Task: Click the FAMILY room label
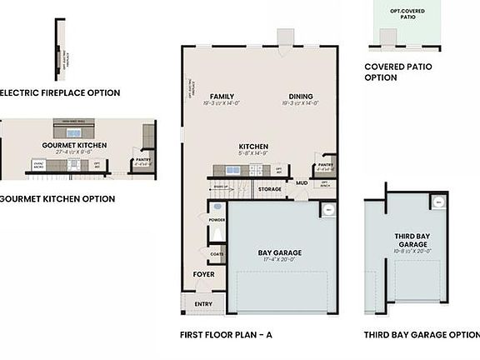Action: coord(222,97)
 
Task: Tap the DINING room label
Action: coord(301,97)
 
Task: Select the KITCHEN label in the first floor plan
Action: coord(253,147)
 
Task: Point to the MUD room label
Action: coord(301,182)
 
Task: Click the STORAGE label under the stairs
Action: coord(269,189)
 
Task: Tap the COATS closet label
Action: coord(217,254)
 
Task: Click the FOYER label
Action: coord(204,273)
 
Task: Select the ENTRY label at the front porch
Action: coord(203,304)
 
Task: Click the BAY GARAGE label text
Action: coord(279,252)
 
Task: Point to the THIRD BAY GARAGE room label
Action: coord(411,242)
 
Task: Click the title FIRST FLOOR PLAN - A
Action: coord(226,335)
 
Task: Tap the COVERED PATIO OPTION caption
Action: coord(392,72)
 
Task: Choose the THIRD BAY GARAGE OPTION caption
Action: coord(422,335)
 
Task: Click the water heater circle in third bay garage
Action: coord(437,202)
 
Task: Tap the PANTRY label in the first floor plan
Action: coord(325,165)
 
